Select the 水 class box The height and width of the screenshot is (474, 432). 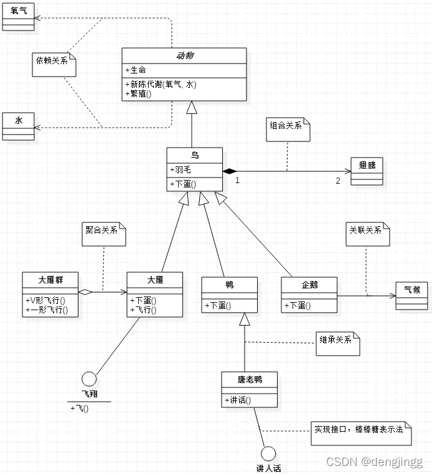click(19, 126)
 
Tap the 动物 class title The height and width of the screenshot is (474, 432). click(184, 56)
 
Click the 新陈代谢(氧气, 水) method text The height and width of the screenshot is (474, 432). click(161, 85)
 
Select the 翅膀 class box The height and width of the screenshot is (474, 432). click(367, 170)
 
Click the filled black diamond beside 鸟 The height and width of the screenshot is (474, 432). click(230, 170)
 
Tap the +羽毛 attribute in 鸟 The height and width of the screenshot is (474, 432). click(181, 169)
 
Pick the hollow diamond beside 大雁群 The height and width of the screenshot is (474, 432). click(85, 292)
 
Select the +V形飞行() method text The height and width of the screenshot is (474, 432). click(45, 300)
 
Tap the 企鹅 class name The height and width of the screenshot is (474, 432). click(309, 285)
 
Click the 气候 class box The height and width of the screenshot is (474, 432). click(411, 295)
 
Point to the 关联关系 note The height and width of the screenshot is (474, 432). click(367, 233)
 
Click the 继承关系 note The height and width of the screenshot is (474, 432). click(337, 342)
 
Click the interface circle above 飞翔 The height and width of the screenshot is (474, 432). click(89, 379)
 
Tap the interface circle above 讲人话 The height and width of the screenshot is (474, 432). click(268, 453)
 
